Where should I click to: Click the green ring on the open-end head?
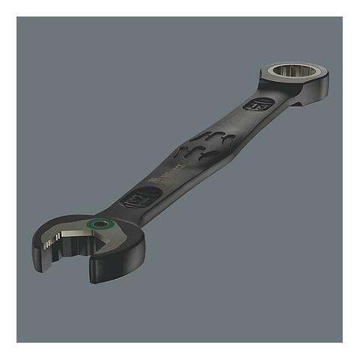99,226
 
